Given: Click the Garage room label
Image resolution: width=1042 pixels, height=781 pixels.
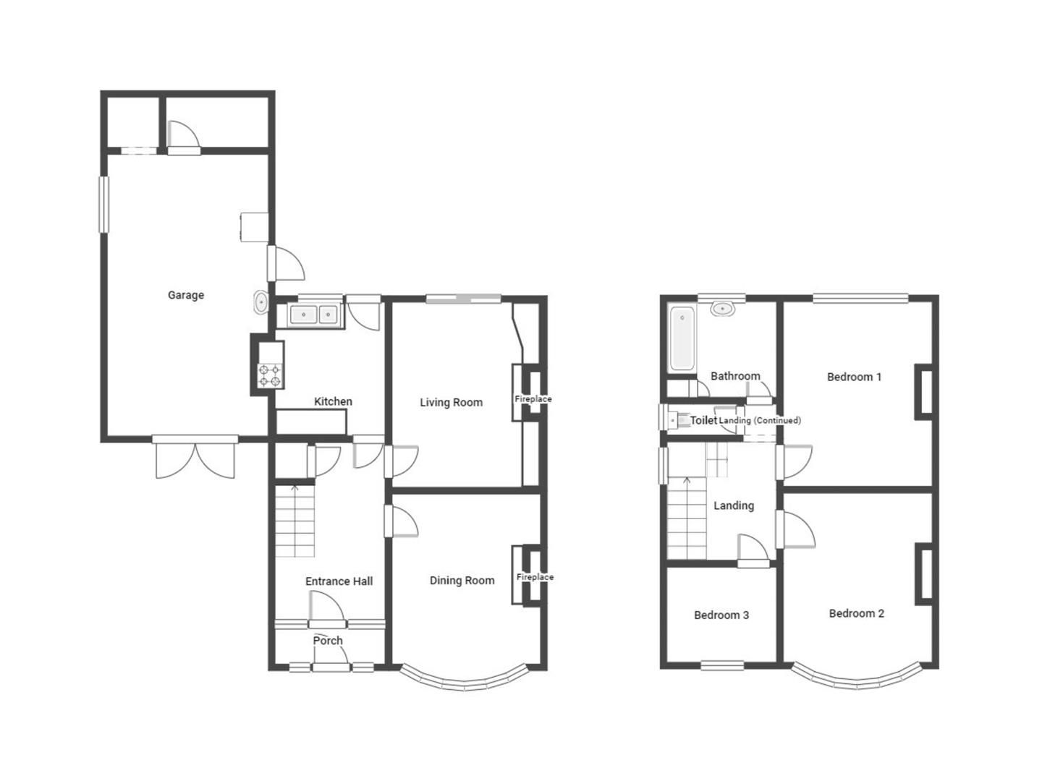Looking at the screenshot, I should click(186, 295).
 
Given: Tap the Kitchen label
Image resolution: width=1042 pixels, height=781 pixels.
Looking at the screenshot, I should click(333, 401).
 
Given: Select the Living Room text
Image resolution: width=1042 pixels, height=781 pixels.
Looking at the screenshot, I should click(451, 402).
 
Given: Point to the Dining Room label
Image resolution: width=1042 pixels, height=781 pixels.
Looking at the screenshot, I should click(462, 580).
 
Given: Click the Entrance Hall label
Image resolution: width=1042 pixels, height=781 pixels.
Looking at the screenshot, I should click(339, 581).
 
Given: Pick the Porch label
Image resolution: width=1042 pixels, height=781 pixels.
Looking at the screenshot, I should click(328, 640).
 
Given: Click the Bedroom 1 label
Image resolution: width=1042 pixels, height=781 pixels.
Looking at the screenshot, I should click(854, 377).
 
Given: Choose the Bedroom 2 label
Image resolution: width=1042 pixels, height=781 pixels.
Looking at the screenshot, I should click(856, 613).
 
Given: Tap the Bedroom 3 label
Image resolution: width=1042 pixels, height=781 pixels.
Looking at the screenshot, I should click(721, 615).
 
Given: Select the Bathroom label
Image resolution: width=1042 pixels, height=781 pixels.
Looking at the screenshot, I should click(735, 376).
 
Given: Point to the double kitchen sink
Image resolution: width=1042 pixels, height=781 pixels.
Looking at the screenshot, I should click(315, 315).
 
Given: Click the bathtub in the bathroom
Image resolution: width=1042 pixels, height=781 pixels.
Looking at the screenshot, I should click(682, 338).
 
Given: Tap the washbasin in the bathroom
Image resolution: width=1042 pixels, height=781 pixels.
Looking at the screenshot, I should click(722, 309).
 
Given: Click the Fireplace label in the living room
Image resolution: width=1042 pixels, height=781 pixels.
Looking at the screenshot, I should click(533, 399).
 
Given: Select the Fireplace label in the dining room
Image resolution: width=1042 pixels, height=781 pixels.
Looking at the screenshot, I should click(535, 577).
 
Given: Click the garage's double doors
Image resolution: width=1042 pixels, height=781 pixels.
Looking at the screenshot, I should click(195, 458).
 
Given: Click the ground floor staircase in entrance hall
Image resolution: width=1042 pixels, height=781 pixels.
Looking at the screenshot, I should click(295, 521).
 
